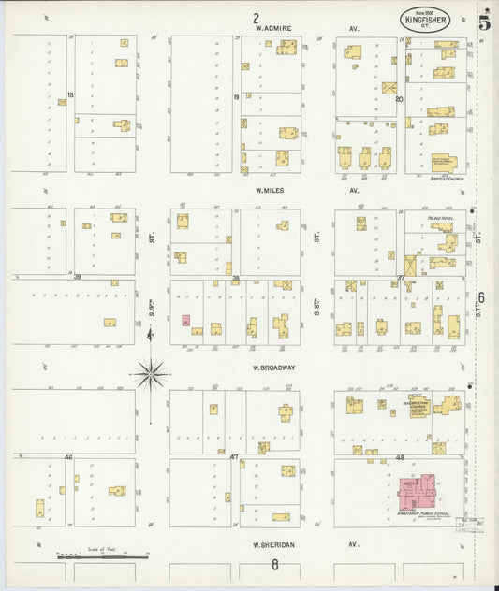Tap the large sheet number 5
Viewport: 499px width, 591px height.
click(x=483, y=21)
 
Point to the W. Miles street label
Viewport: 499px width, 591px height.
click(x=271, y=190)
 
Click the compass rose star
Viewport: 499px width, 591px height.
click(x=150, y=374)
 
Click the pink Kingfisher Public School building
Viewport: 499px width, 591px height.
click(x=418, y=491)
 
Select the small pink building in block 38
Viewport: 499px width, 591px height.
click(x=185, y=320)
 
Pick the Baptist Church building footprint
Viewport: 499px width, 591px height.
click(x=440, y=162)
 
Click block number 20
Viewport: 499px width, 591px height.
click(x=399, y=97)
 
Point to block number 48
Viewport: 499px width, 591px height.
click(x=399, y=456)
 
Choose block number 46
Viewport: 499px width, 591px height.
click(x=68, y=456)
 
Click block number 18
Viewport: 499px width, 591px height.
click(x=70, y=95)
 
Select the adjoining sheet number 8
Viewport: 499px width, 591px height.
click(x=274, y=564)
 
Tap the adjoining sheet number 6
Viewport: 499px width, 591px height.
click(x=482, y=298)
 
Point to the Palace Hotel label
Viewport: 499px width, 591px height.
click(x=440, y=215)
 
